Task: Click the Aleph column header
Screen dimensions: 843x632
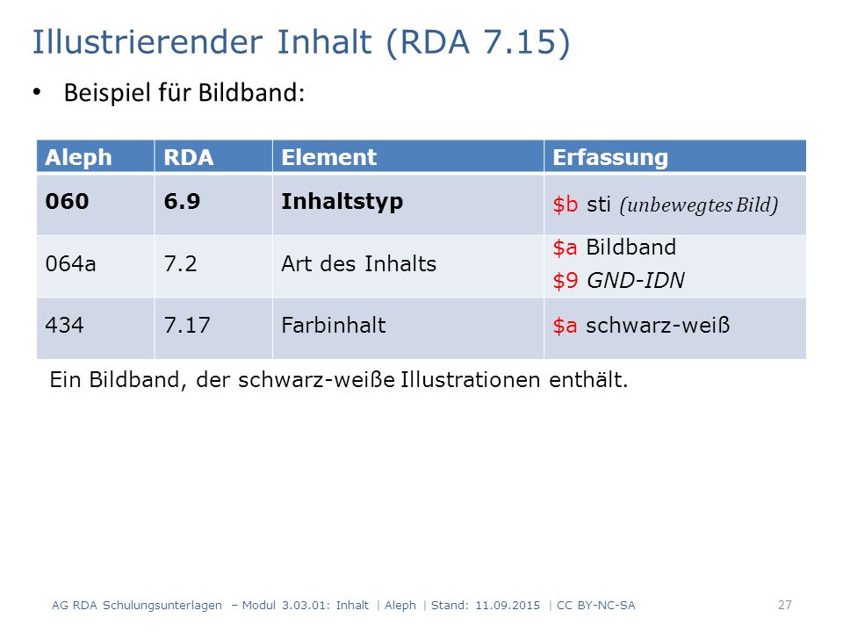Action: (78, 157)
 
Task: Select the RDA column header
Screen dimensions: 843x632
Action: (189, 157)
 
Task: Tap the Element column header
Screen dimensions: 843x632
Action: (328, 157)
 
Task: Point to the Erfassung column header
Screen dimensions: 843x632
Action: (610, 158)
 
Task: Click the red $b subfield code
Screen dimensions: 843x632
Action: (565, 205)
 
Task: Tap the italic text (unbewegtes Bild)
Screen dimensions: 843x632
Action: (699, 205)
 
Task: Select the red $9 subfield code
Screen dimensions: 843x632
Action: (565, 281)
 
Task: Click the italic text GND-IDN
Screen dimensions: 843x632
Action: (636, 280)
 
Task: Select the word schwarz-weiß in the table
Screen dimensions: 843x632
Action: (658, 325)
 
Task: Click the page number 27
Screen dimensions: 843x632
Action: (785, 605)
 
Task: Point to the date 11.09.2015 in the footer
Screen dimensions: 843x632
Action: (508, 605)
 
